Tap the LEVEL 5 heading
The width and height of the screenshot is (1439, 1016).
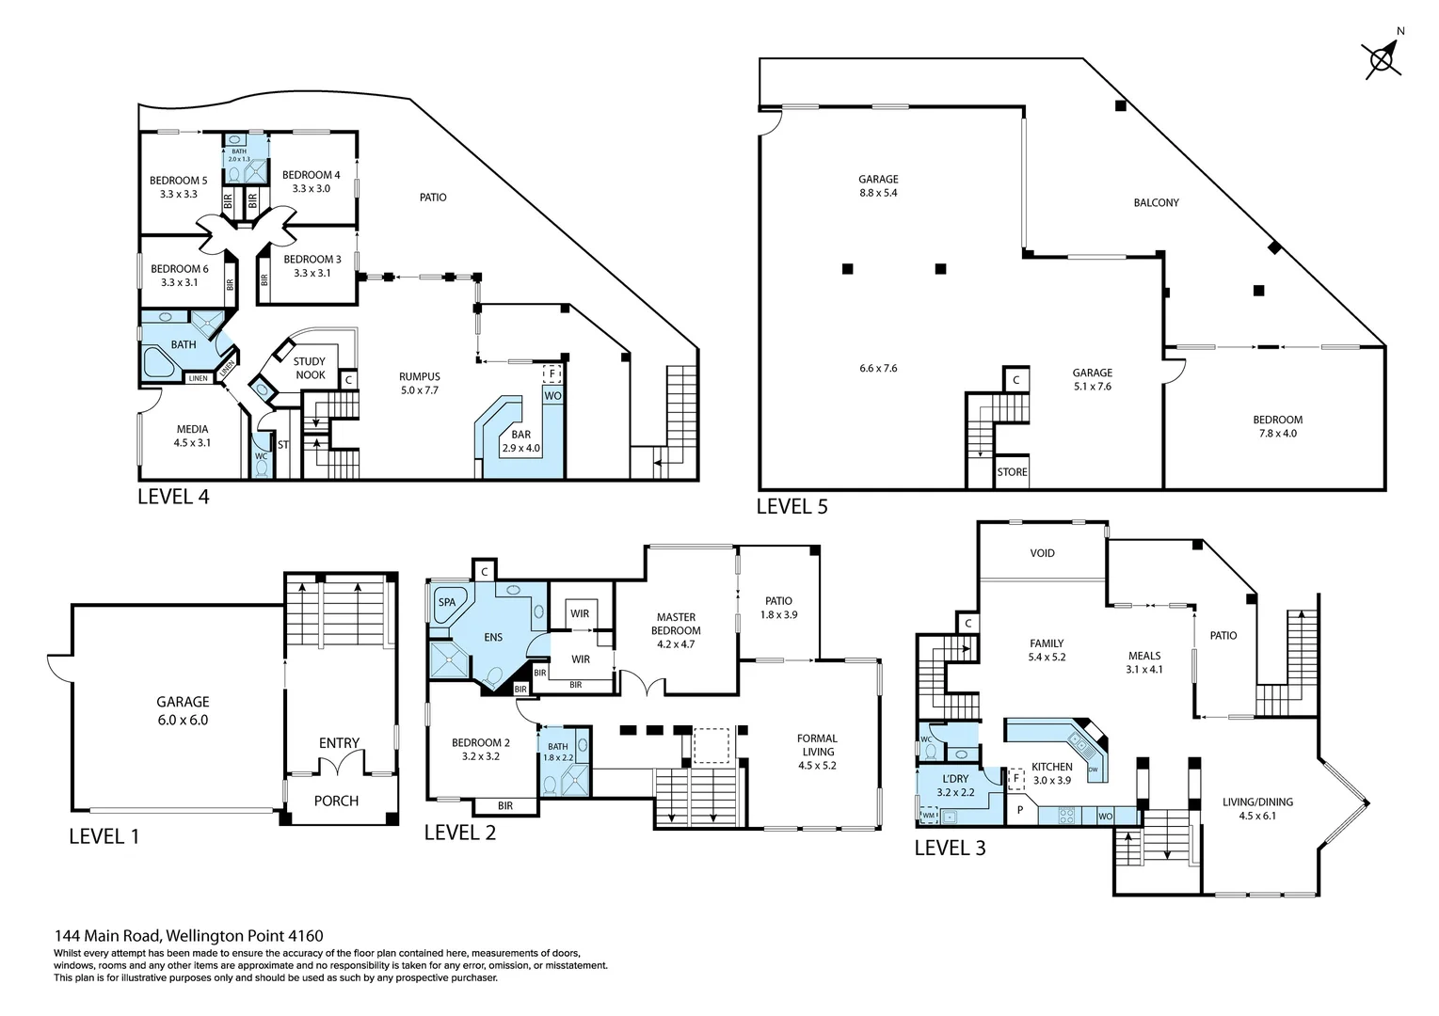tap(791, 506)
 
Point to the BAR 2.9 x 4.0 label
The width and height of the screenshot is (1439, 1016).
tap(521, 441)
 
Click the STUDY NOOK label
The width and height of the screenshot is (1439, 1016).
tap(310, 368)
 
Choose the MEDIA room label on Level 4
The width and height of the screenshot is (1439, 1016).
tap(192, 436)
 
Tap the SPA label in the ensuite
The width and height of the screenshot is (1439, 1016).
tap(447, 602)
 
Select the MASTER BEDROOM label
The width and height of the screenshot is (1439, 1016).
tap(676, 630)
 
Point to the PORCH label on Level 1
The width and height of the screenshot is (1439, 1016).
tap(336, 801)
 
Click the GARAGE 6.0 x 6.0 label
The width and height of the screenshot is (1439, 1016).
tap(183, 710)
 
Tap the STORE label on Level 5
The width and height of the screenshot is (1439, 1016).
tap(1012, 472)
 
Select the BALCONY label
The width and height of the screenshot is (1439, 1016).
tap(1156, 202)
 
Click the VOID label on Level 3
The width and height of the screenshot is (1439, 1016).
tap(1042, 553)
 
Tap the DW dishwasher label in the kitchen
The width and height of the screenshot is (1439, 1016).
tap(1093, 770)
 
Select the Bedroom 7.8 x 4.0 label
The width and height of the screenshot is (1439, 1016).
tap(1277, 426)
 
